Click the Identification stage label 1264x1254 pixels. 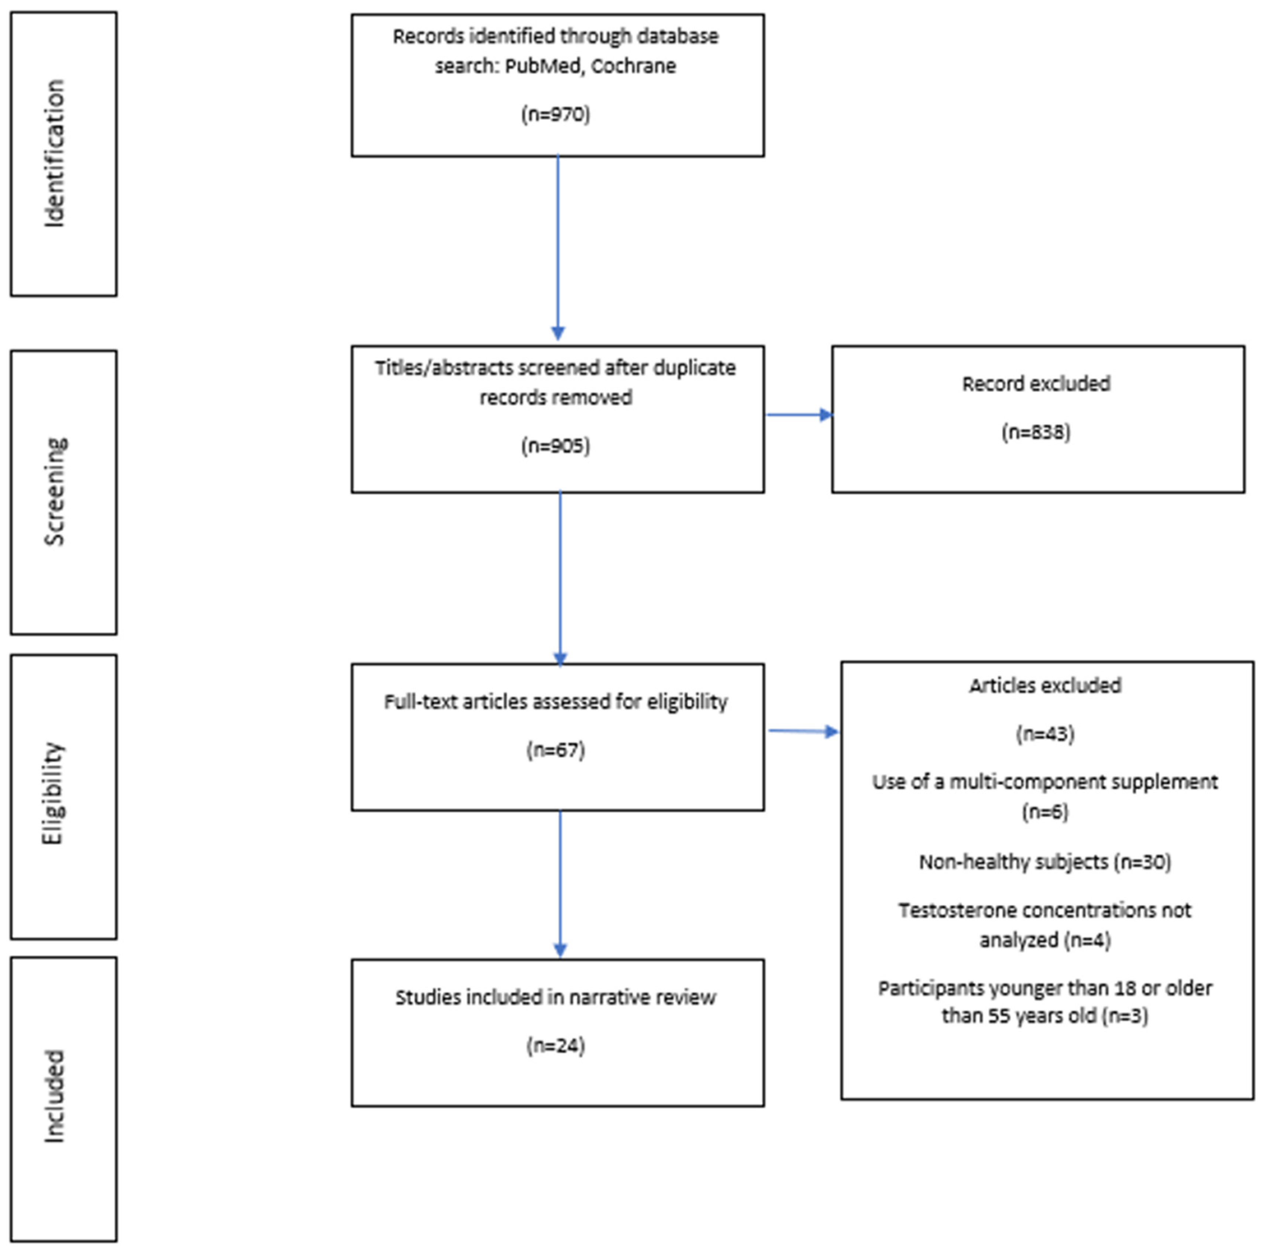click(55, 154)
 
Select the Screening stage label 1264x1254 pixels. click(55, 491)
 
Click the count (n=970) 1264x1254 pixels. click(555, 114)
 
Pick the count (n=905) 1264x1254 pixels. click(555, 446)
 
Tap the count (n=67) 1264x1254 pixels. click(555, 750)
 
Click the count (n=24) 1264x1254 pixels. click(555, 1045)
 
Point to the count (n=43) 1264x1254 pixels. click(1045, 734)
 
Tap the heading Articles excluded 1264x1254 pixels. click(1045, 685)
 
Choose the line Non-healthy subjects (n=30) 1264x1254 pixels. click(1045, 862)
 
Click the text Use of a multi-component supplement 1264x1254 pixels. click(1045, 782)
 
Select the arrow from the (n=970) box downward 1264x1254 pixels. click(558, 249)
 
